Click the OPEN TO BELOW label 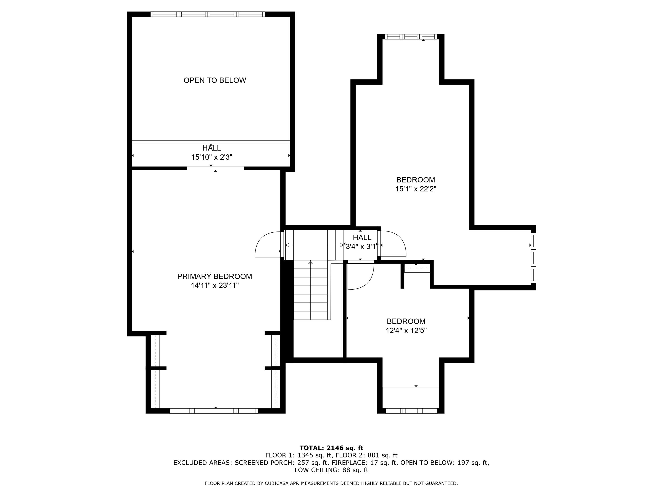[x=215, y=80]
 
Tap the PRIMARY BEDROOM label [x=215, y=276]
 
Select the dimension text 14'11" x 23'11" [x=215, y=285]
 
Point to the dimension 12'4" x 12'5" [x=406, y=330]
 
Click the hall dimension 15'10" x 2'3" [x=212, y=157]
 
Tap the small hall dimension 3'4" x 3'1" [x=361, y=247]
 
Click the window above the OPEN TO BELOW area [x=208, y=14]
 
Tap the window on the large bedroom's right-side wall [x=533, y=258]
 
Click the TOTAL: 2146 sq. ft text [x=331, y=448]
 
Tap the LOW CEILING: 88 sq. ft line [x=331, y=470]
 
